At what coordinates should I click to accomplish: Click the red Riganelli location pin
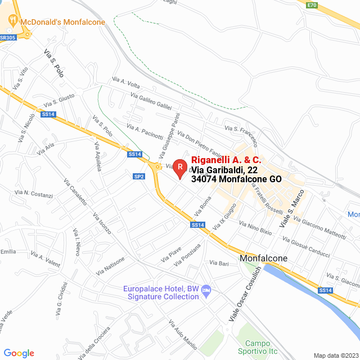pos(179,167)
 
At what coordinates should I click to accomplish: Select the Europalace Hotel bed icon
pos(206,290)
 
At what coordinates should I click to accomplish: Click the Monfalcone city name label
pos(263,259)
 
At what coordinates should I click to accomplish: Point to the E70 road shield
pos(312,6)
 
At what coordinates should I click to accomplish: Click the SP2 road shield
pos(139,177)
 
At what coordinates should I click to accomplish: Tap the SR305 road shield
pos(7,37)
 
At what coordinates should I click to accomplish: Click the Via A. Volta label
pos(125,82)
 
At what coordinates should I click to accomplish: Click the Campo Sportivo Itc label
pos(258,347)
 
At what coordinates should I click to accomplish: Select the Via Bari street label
pos(219,263)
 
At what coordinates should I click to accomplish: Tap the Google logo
pos(19,353)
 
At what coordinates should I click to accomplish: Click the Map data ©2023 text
pos(335,355)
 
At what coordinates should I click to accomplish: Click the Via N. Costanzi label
pos(34,195)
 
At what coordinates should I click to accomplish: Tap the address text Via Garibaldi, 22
pos(224,169)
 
